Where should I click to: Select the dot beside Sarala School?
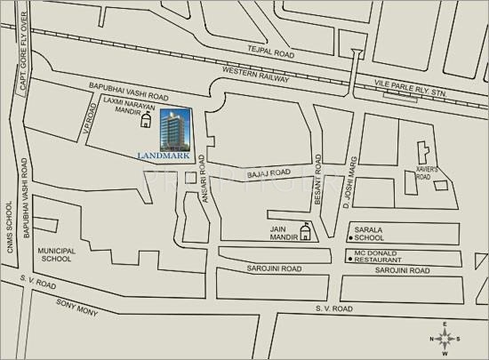click(x=351, y=238)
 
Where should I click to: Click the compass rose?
click(x=446, y=338)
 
